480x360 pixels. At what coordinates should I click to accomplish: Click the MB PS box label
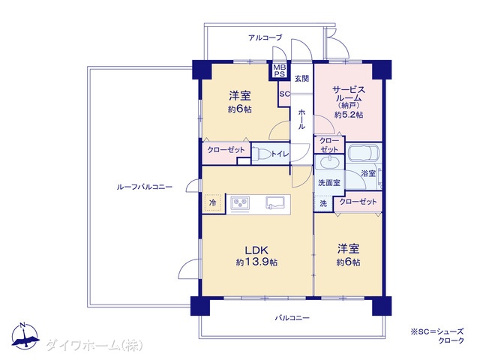point(279,70)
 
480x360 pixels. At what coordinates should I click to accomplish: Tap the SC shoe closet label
point(284,94)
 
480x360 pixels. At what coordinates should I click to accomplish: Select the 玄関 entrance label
point(301,79)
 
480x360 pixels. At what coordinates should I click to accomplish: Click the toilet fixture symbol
point(262,154)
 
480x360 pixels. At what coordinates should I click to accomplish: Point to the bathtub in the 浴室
point(363,152)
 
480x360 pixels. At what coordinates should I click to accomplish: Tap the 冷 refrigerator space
point(212,202)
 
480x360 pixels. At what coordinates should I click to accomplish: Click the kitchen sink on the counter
point(274,202)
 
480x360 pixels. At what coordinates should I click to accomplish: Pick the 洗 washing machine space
point(323,203)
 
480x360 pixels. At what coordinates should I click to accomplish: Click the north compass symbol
point(25,336)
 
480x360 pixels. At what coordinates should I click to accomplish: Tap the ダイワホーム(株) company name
point(94,346)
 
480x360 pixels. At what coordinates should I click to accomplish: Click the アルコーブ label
point(265,37)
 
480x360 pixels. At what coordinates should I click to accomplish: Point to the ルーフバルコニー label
point(145,187)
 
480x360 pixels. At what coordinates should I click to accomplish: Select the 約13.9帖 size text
point(256,262)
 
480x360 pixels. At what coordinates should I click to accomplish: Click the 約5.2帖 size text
point(349,115)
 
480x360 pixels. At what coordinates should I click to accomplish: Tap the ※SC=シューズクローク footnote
point(437,335)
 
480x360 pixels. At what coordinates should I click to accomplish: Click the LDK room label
point(256,250)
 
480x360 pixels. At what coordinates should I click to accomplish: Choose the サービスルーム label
point(349,94)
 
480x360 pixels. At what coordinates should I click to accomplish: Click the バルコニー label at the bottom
point(292,318)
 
